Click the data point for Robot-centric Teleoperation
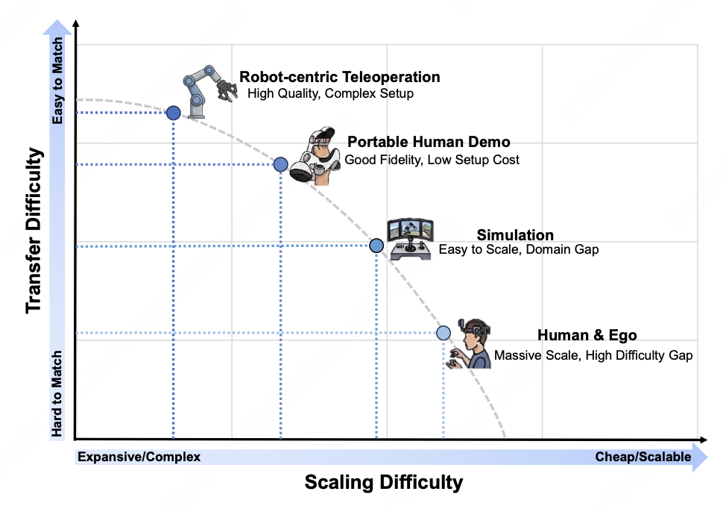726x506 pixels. [173, 113]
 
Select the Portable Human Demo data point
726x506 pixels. [280, 164]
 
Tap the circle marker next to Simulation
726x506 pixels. [376, 246]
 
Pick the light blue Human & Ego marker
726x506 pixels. [444, 333]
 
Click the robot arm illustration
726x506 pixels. [209, 91]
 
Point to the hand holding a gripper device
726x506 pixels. [315, 156]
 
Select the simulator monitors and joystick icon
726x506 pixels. [410, 239]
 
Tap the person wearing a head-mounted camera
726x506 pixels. [469, 343]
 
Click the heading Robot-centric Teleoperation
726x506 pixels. [339, 77]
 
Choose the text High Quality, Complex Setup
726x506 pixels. [330, 93]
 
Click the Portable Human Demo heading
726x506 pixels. [429, 142]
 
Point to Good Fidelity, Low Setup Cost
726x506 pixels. [432, 160]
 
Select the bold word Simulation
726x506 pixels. [515, 234]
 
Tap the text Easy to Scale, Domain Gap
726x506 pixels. [519, 249]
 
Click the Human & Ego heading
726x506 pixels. [587, 335]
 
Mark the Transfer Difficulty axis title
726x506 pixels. [34, 231]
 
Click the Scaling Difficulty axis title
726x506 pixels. [384, 482]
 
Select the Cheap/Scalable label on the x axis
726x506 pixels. [643, 457]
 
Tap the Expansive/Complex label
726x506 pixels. [139, 457]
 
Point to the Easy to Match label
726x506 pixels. [57, 81]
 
